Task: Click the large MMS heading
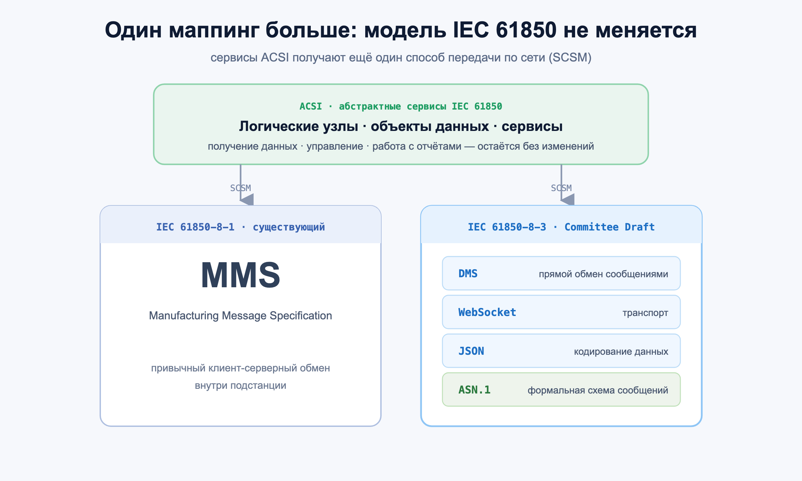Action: [241, 275]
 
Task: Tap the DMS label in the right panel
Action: [468, 274]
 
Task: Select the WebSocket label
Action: [487, 312]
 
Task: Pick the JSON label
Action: [471, 351]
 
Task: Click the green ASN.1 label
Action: [475, 390]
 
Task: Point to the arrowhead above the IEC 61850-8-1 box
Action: [247, 199]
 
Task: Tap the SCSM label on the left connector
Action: [241, 188]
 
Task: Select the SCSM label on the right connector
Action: [561, 188]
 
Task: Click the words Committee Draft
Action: [610, 227]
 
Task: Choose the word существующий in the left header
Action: [289, 227]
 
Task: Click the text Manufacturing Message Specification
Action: [241, 316]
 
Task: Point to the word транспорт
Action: [645, 313]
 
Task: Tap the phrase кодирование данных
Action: [621, 351]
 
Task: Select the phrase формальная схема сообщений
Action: [598, 390]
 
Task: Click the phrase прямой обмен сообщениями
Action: [604, 274]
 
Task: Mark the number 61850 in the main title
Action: [526, 30]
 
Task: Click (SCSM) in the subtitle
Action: [570, 57]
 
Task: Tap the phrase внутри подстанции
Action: [241, 386]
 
